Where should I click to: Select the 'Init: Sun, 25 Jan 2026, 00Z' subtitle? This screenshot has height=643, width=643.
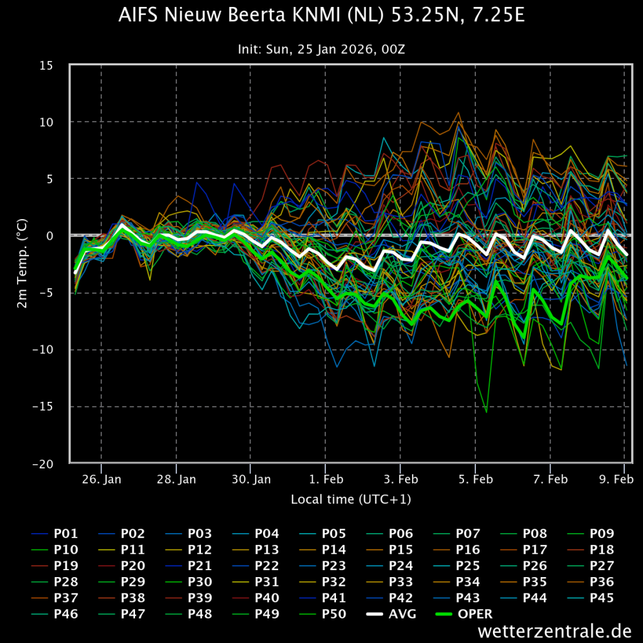click(321, 50)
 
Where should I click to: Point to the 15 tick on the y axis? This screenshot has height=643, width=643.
click(46, 65)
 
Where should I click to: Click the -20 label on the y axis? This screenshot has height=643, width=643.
click(43, 464)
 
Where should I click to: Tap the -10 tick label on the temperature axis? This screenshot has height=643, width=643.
click(43, 350)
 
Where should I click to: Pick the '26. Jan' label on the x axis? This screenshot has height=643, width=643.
click(102, 479)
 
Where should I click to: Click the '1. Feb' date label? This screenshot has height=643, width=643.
click(326, 479)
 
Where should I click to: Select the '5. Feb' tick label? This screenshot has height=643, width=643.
click(476, 479)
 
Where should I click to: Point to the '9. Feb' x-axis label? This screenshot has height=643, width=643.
click(617, 479)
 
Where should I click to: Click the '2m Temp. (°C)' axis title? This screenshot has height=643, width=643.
click(22, 263)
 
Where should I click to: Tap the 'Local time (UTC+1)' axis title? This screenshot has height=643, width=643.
click(351, 499)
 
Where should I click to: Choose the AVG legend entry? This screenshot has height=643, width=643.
click(391, 614)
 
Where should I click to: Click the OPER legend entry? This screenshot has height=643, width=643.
click(464, 614)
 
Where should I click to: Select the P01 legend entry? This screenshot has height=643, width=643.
click(55, 534)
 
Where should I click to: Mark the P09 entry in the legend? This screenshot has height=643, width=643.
click(591, 534)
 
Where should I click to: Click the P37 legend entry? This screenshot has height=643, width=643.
click(55, 598)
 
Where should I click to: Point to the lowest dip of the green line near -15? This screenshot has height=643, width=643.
click(487, 412)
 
